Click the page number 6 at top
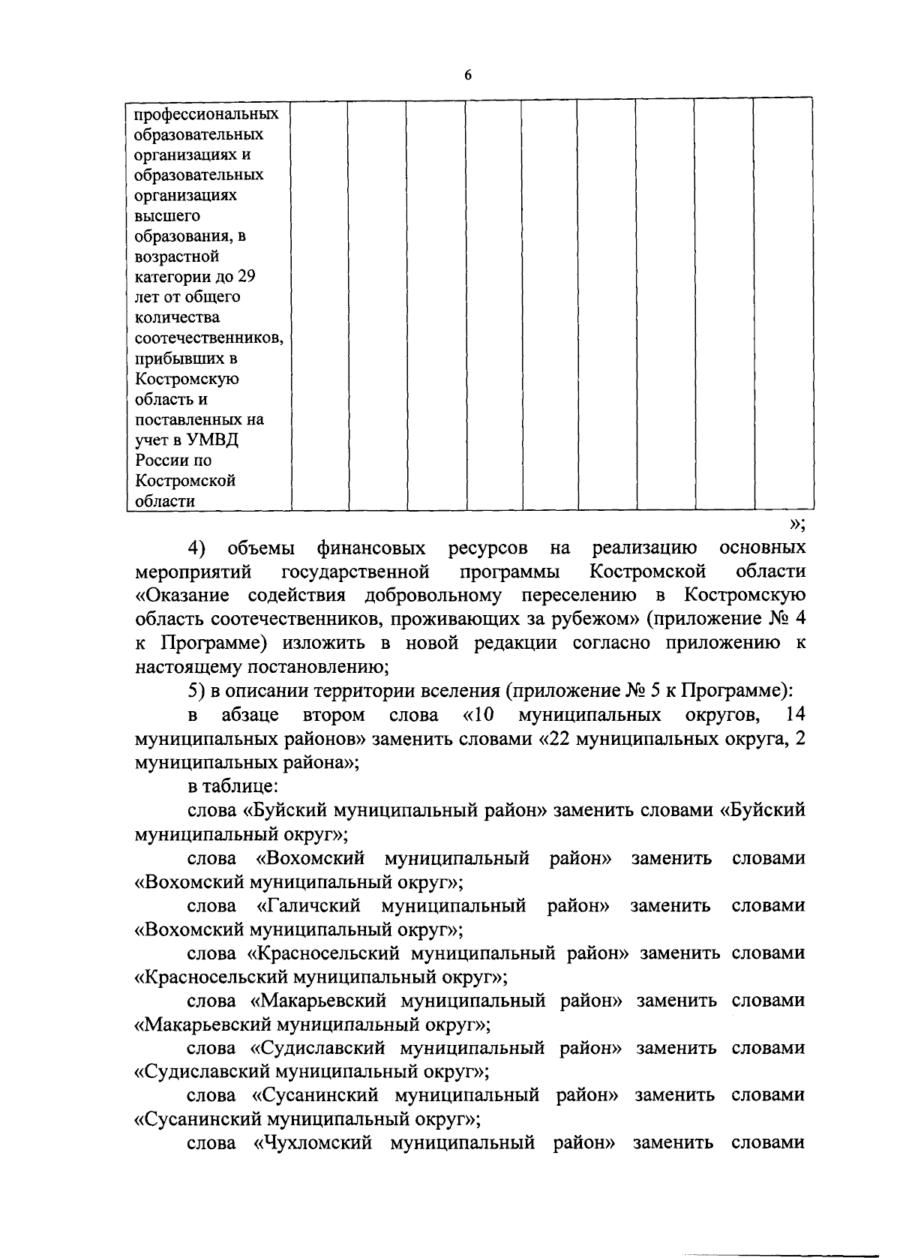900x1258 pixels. coord(468,75)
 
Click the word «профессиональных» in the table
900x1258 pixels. coord(206,115)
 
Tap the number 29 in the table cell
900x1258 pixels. coord(247,277)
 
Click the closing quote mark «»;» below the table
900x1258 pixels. coord(797,524)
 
